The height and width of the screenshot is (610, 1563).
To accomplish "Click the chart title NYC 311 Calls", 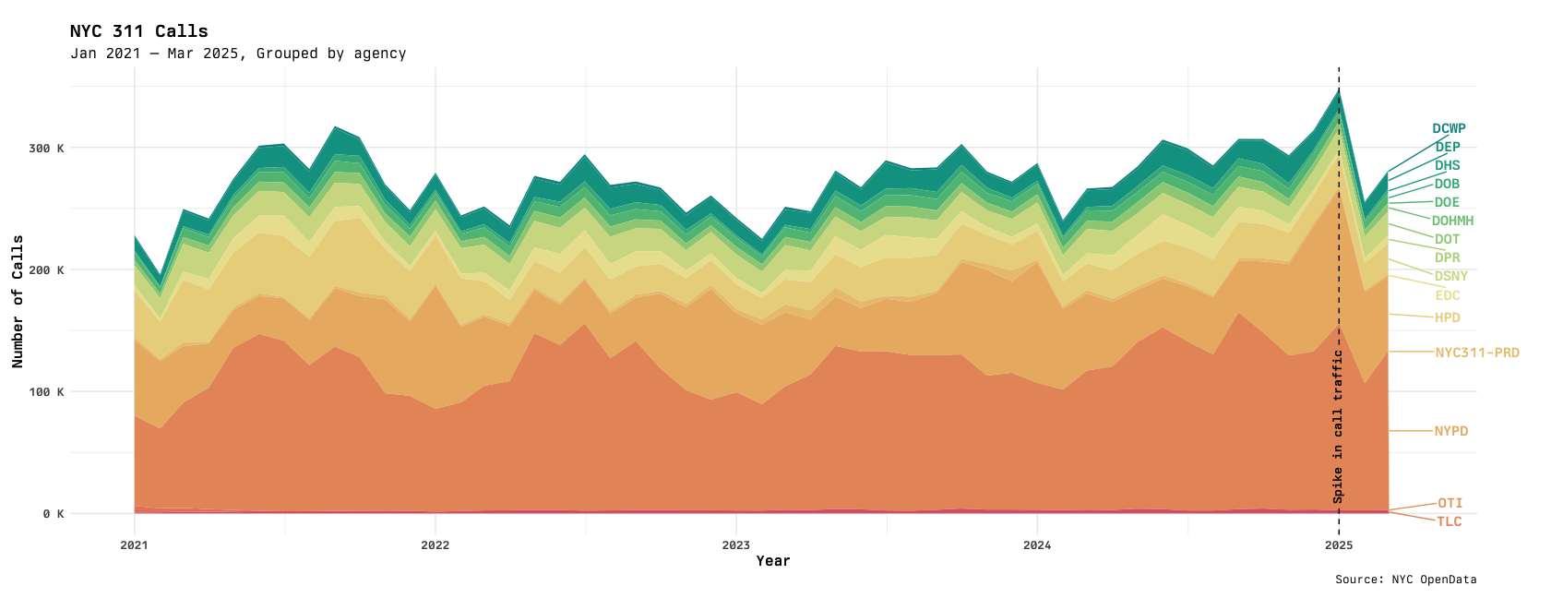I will [x=139, y=31].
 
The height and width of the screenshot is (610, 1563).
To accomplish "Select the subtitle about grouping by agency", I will [x=238, y=54].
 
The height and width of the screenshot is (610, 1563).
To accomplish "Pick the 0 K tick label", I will [x=53, y=514].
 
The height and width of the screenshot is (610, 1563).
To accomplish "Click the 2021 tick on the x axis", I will [x=135, y=545].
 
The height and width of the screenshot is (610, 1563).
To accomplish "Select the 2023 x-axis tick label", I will [x=735, y=545].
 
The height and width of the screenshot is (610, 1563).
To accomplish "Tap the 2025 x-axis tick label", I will [x=1338, y=545].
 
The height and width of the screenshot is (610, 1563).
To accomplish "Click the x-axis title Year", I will [x=773, y=561].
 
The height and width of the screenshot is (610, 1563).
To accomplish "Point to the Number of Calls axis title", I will [x=18, y=302].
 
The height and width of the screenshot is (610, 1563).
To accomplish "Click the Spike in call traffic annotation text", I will [x=1338, y=426].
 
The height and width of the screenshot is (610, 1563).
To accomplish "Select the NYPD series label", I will [x=1450, y=431].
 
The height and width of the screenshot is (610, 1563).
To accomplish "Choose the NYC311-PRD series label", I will [x=1476, y=353].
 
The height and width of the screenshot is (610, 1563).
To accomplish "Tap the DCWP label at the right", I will [x=1449, y=129].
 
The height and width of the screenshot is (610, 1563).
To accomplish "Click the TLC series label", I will [x=1449, y=522].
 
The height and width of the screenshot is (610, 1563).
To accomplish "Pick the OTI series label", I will [x=1450, y=503].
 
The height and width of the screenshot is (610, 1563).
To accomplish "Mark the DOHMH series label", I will [x=1452, y=221].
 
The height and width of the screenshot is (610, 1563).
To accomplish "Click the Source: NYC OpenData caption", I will [x=1405, y=580].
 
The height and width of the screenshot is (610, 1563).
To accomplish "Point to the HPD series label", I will [x=1447, y=318].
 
